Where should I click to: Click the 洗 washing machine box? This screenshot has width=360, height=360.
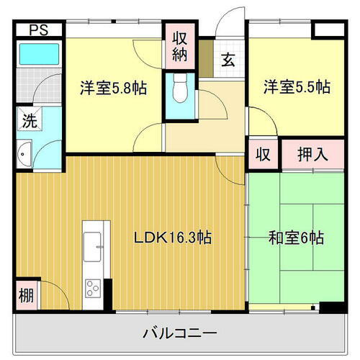pos(26,121)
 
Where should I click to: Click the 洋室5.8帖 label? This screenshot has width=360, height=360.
pos(114,88)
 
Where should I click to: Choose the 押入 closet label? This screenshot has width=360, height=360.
pos(313,154)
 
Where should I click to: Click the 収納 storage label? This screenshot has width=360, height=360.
pos(180,46)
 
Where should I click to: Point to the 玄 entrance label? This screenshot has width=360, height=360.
pos(227,60)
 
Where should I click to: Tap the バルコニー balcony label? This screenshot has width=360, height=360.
pos(180,334)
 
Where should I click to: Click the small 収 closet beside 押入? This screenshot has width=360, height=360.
pos(264,154)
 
